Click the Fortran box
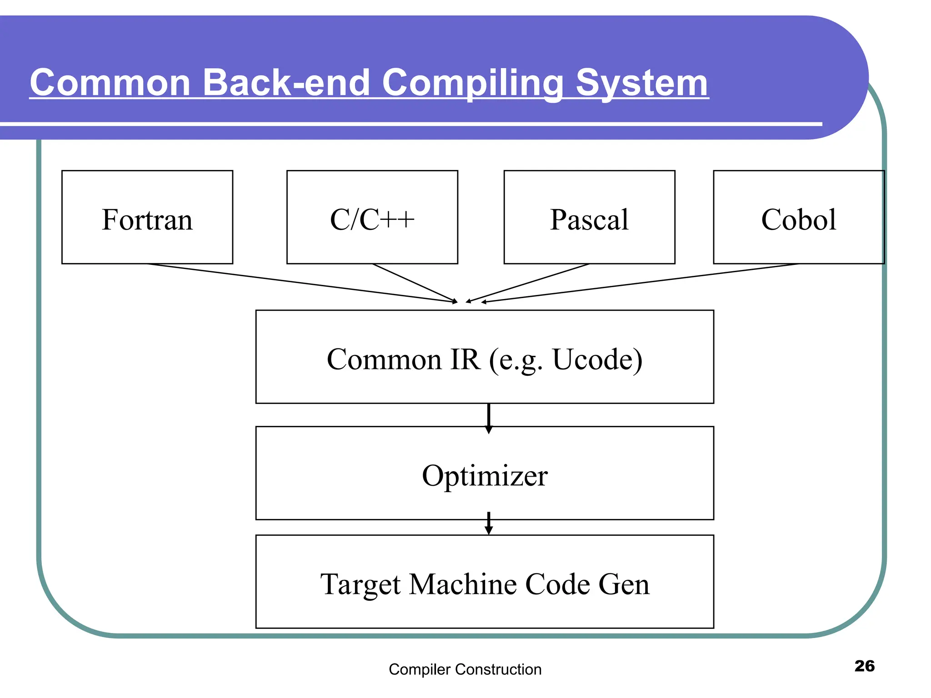pyautogui.click(x=147, y=217)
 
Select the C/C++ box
pyautogui.click(x=372, y=217)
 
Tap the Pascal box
pyautogui.click(x=589, y=217)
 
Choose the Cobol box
pyautogui.click(x=798, y=217)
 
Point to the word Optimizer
pyautogui.click(x=485, y=476)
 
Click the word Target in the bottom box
pyautogui.click(x=360, y=584)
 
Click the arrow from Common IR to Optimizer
pyautogui.click(x=489, y=417)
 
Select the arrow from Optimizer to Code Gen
pyautogui.click(x=489, y=523)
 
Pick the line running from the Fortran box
pyautogui.click(x=300, y=283)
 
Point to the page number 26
pyautogui.click(x=864, y=666)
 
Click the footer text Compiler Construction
pyautogui.click(x=465, y=669)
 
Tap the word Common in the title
pyautogui.click(x=110, y=83)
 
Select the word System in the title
pyautogui.click(x=642, y=83)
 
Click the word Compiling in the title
pyautogui.click(x=473, y=83)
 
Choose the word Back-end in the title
pyautogui.click(x=286, y=83)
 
